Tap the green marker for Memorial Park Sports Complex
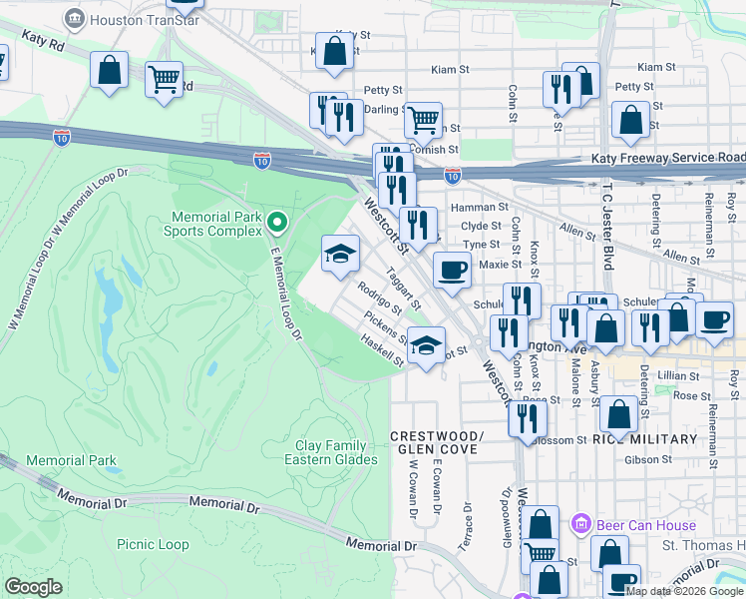(278, 222)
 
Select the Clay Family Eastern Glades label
(331, 452)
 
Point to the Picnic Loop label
(153, 544)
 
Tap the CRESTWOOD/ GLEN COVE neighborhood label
(436, 443)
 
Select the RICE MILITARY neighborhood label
(643, 439)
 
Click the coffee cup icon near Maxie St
(452, 270)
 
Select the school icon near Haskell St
(426, 346)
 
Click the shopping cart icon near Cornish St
(423, 120)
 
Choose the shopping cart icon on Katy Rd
(164, 79)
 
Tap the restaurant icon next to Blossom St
(528, 417)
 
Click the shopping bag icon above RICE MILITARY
(618, 413)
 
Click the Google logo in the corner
(33, 587)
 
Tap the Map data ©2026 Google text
(684, 591)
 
